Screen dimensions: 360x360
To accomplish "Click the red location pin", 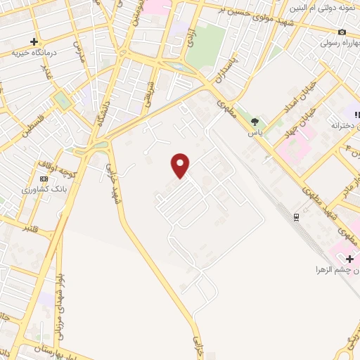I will (x=181, y=165).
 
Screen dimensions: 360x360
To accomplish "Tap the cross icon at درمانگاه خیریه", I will (x=34, y=41).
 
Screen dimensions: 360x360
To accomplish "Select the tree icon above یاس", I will (x=254, y=122).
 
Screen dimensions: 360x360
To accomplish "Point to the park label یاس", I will (x=254, y=132).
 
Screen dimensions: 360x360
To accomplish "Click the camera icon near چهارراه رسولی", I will (x=342, y=32).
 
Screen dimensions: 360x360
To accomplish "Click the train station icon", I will (x=297, y=216).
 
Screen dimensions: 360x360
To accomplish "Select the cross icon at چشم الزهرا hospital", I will (x=349, y=259).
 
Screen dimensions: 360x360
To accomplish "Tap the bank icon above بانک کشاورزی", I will (x=44, y=179).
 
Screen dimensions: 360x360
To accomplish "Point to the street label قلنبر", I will (x=32, y=229).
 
